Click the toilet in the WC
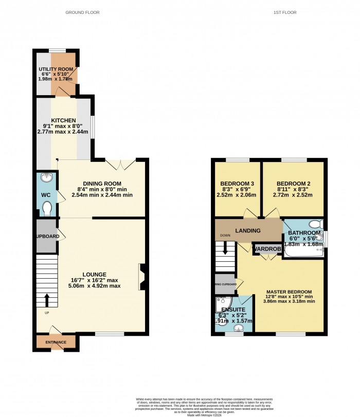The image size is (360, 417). click(x=47, y=209)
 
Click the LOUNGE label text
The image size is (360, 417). click(x=93, y=274)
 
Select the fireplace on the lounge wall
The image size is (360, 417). click(x=141, y=277)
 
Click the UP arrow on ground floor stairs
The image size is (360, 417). click(x=47, y=299)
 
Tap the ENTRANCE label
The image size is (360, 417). click(x=55, y=342)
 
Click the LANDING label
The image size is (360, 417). click(x=247, y=230)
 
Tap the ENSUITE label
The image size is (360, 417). click(x=229, y=310)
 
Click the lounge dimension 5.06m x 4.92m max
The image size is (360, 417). click(x=93, y=286)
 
